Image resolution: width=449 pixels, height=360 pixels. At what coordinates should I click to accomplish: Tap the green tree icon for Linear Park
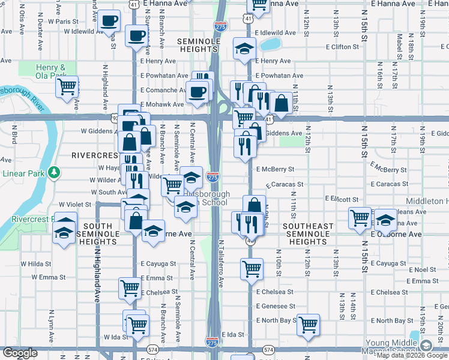click(x=55, y=173)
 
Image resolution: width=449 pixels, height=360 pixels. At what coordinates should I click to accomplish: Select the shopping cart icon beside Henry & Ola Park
click(x=67, y=86)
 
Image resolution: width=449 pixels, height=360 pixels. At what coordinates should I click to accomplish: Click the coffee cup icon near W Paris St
click(x=109, y=21)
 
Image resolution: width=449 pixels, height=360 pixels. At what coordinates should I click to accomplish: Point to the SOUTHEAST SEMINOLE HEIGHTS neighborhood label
click(x=308, y=233)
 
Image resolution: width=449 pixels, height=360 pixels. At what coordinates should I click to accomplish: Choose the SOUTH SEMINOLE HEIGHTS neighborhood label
click(x=97, y=233)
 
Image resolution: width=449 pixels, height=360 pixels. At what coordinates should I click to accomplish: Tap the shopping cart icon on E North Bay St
click(x=308, y=325)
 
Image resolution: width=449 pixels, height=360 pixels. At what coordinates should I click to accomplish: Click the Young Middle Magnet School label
click(x=391, y=346)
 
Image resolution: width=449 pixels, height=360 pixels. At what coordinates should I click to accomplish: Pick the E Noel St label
click(x=429, y=270)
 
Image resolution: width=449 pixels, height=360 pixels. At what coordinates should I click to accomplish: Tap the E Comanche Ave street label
click(x=163, y=90)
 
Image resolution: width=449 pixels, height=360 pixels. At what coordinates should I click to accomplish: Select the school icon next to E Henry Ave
click(x=244, y=50)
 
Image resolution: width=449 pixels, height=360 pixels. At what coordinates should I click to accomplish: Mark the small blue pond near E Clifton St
click(x=271, y=44)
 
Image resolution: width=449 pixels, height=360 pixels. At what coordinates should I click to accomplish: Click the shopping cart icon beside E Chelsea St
click(x=130, y=289)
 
